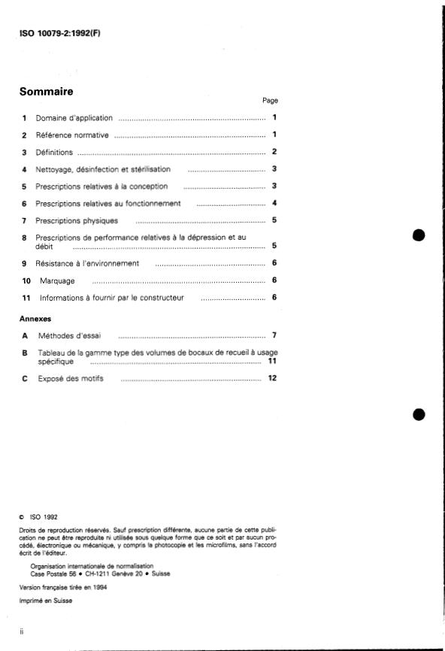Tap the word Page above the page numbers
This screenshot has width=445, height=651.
pos(270,100)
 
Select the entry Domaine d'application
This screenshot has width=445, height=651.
pos(74,118)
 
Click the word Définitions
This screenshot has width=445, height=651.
pos(54,152)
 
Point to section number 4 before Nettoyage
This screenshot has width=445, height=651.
pos(25,169)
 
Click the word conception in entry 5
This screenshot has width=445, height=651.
pos(150,186)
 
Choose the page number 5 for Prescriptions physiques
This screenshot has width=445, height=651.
pos(275,220)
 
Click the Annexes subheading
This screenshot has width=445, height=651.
pos(35,319)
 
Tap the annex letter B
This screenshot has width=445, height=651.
pos(25,352)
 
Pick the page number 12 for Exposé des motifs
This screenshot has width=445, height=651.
pos(273,378)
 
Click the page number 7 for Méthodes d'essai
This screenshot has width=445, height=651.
pos(275,335)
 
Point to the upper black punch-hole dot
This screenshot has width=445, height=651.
pos(419,235)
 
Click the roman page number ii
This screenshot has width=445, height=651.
pos(22,632)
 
